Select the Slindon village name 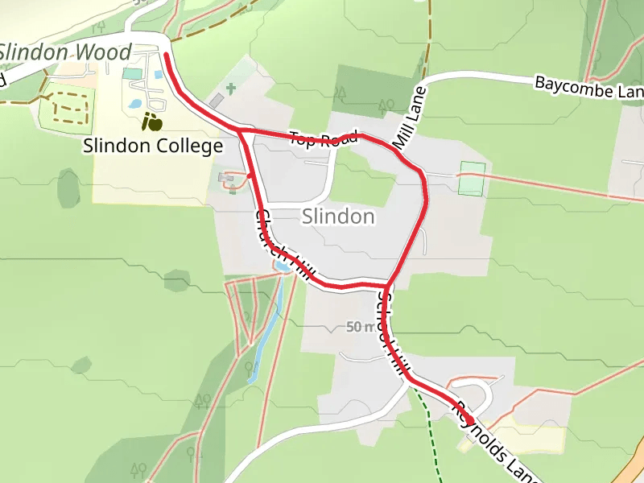point(338,217)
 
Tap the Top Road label point(324,139)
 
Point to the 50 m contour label point(361,327)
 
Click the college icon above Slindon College point(151,122)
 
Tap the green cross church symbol point(231,88)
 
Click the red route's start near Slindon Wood point(165,55)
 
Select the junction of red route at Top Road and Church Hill point(240,130)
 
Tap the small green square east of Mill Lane point(472,179)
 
